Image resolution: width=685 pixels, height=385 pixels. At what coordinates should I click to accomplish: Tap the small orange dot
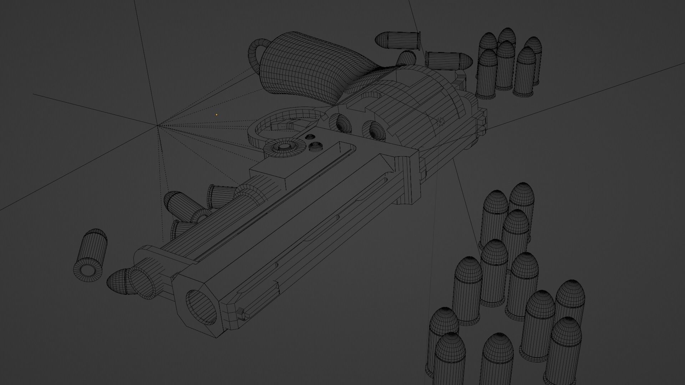(217, 115)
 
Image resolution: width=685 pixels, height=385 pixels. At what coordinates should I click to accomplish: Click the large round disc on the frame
(284, 147)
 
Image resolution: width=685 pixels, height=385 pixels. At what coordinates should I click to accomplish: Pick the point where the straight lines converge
(157, 125)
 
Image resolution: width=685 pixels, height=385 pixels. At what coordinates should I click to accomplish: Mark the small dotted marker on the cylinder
(441, 122)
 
